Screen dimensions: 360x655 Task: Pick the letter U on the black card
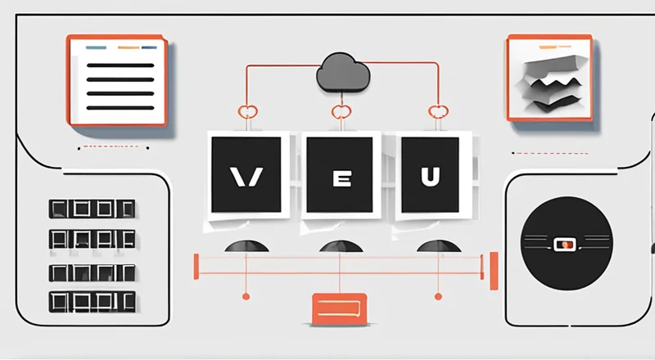coord(429,176)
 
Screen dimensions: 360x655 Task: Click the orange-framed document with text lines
coord(118,80)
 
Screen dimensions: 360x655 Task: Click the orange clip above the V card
coord(246,112)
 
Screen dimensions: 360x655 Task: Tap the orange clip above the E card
coord(340,112)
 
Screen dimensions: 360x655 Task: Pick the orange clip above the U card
coord(436,112)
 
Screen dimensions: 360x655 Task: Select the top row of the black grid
coord(90,209)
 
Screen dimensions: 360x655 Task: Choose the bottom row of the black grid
coord(90,300)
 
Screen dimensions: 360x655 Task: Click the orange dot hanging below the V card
coord(245,295)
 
